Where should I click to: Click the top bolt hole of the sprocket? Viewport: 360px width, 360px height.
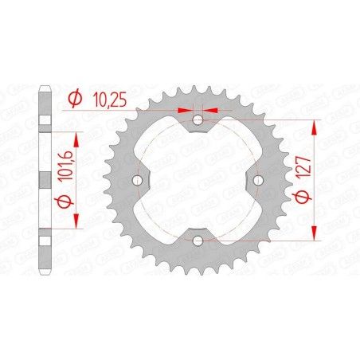[x=198, y=120]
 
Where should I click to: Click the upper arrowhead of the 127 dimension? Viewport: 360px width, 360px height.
[x=317, y=124]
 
